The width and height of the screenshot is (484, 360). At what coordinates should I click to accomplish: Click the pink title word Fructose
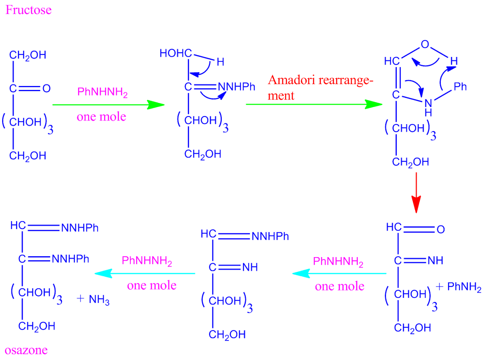28,10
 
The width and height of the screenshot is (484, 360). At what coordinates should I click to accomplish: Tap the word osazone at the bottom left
26,350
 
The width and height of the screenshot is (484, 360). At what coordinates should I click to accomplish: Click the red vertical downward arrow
416,193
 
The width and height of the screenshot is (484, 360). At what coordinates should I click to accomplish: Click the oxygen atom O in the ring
425,44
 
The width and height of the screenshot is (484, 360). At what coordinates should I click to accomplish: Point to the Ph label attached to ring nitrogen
460,87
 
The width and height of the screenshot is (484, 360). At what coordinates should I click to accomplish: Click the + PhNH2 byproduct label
459,286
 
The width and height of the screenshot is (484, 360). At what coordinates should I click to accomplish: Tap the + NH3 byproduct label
93,299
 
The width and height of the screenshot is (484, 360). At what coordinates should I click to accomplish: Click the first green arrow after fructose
108,105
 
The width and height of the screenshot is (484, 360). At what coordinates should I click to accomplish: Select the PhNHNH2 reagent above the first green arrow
102,92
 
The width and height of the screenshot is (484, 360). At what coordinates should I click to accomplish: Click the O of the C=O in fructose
46,88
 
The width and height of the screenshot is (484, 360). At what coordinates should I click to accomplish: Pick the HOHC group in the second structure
176,53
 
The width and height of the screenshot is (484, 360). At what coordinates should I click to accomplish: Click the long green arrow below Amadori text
314,104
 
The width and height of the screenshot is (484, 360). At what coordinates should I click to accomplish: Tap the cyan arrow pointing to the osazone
145,273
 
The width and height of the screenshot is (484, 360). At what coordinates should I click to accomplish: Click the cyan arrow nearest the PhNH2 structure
339,273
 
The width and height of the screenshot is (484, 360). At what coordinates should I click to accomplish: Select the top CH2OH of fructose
28,55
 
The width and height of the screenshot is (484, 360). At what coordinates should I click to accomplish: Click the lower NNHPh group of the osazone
70,259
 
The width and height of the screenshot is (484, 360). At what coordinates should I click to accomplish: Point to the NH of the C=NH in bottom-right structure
435,260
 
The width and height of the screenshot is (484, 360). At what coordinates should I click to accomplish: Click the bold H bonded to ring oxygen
453,61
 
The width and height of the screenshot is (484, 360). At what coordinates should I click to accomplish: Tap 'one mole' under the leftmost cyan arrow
152,286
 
